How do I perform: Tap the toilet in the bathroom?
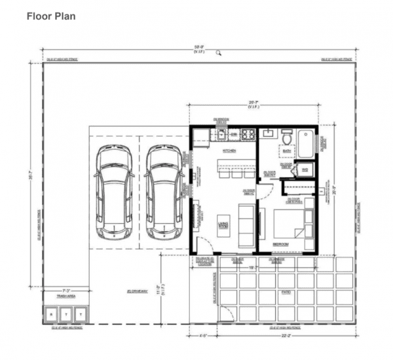pos(286,139)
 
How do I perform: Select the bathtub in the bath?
pos(306,143)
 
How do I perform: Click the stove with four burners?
pos(248,135)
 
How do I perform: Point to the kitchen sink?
pos(225,135)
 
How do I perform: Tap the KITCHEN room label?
pos(229,151)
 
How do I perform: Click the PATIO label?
pos(286,292)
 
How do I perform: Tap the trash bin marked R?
pos(52,315)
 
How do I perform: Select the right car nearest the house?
pos(164,193)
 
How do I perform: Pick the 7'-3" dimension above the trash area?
pos(66,289)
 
